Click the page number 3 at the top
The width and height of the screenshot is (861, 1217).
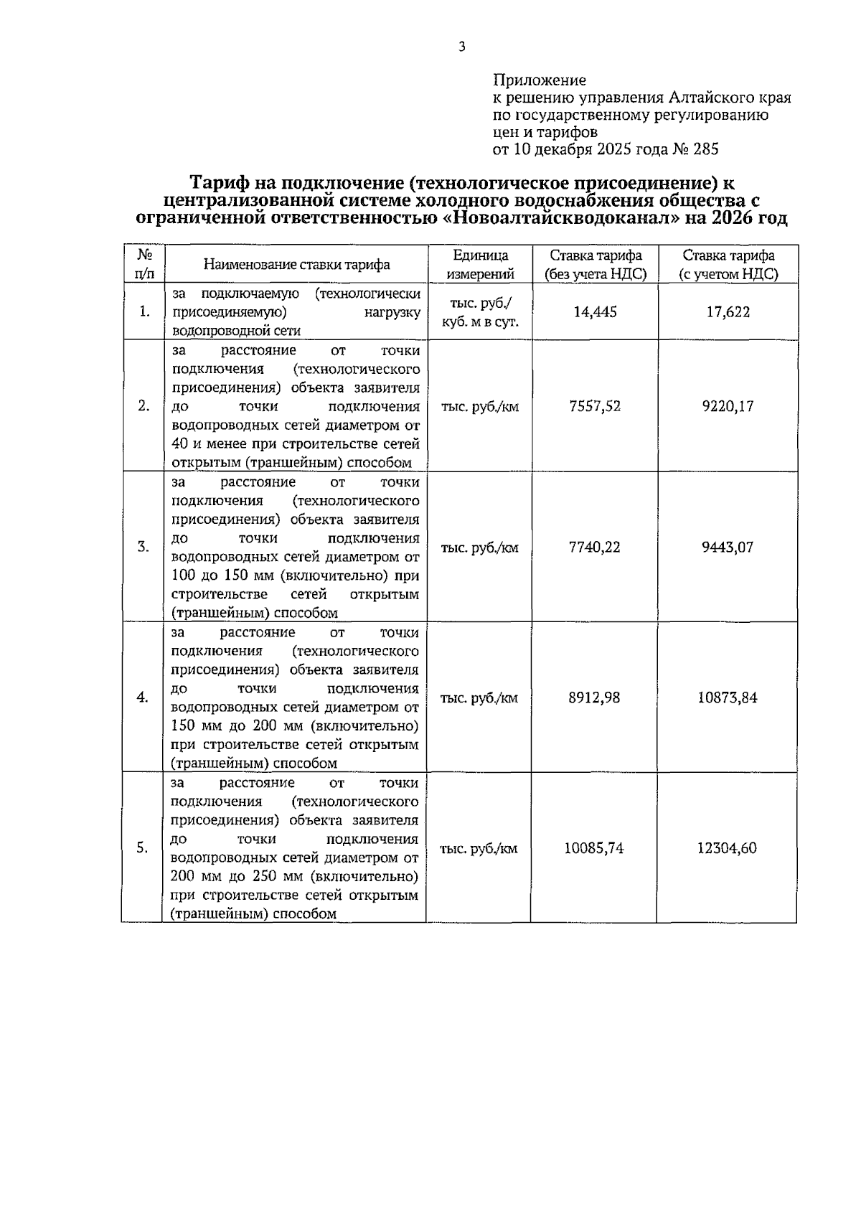(x=461, y=47)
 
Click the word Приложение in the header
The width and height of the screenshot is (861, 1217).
(x=539, y=80)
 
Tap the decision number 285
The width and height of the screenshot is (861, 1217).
(x=706, y=149)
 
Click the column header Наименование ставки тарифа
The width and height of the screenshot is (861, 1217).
(x=296, y=265)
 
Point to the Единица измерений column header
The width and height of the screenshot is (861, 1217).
(x=480, y=265)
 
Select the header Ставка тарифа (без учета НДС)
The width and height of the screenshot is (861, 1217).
(x=595, y=265)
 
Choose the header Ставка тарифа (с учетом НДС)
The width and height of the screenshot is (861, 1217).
(x=728, y=265)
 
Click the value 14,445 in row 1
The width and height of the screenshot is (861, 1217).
(x=595, y=312)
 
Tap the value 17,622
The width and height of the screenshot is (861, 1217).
(x=728, y=312)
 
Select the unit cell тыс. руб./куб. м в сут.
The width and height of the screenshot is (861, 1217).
(x=480, y=312)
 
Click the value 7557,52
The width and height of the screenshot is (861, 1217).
(x=594, y=406)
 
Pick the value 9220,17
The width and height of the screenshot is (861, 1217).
(x=728, y=406)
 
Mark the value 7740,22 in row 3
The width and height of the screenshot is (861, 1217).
(x=594, y=548)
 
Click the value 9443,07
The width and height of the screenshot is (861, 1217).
(x=728, y=548)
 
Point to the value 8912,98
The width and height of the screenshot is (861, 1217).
(x=594, y=697)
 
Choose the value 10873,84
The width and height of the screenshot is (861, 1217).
(x=728, y=697)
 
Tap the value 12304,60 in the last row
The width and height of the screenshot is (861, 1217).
(x=727, y=848)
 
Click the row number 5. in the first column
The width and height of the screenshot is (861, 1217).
(x=143, y=848)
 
